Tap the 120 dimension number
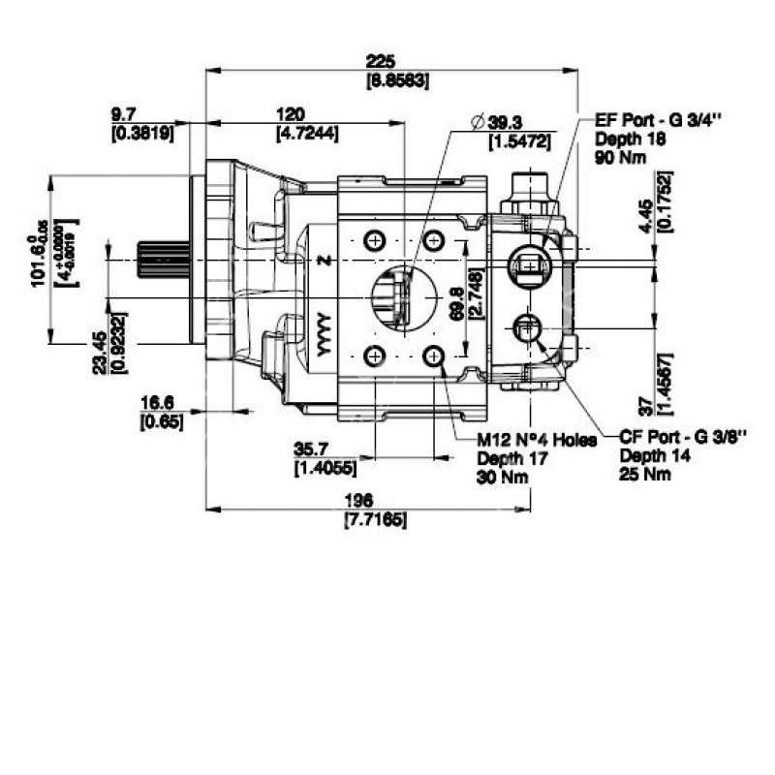tap(291, 112)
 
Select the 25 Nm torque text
tap(644, 475)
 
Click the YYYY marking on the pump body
tap(324, 334)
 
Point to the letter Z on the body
tap(324, 263)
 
